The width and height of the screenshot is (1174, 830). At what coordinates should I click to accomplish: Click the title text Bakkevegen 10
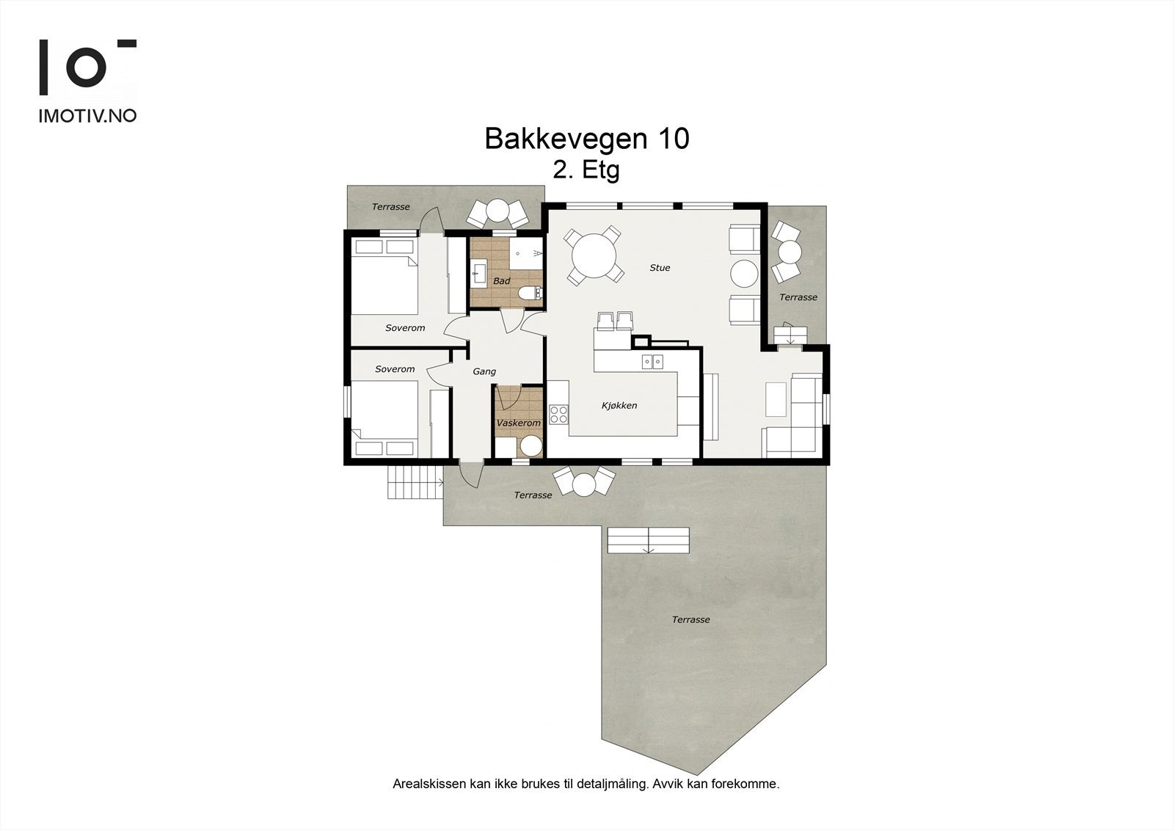pyautogui.click(x=586, y=139)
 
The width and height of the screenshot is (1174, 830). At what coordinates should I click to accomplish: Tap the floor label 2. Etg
pyautogui.click(x=586, y=170)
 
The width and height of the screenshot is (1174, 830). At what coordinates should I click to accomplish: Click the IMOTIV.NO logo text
pyautogui.click(x=87, y=116)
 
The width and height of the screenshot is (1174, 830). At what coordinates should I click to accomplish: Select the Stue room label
pyautogui.click(x=660, y=268)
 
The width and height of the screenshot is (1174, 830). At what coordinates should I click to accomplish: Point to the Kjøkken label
pyautogui.click(x=619, y=405)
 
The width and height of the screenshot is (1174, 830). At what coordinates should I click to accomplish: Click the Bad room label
pyautogui.click(x=501, y=281)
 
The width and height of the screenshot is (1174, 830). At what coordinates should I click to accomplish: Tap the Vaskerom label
pyautogui.click(x=518, y=423)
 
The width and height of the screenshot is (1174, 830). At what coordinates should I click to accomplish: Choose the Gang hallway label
pyautogui.click(x=484, y=371)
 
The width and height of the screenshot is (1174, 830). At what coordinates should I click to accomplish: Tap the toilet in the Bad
pyautogui.click(x=528, y=294)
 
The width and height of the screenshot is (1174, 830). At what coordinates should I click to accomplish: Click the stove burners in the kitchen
pyautogui.click(x=559, y=414)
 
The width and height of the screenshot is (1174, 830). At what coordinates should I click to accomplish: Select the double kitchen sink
pyautogui.click(x=652, y=360)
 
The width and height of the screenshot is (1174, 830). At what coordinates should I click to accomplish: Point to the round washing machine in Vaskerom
pyautogui.click(x=530, y=446)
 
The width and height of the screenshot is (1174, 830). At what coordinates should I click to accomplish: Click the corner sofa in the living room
pyautogui.click(x=796, y=415)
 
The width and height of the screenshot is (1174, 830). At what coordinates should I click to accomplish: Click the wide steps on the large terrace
pyautogui.click(x=648, y=540)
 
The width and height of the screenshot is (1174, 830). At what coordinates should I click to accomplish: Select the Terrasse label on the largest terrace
pyautogui.click(x=690, y=620)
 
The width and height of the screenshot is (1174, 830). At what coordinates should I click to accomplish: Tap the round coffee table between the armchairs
pyautogui.click(x=744, y=274)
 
